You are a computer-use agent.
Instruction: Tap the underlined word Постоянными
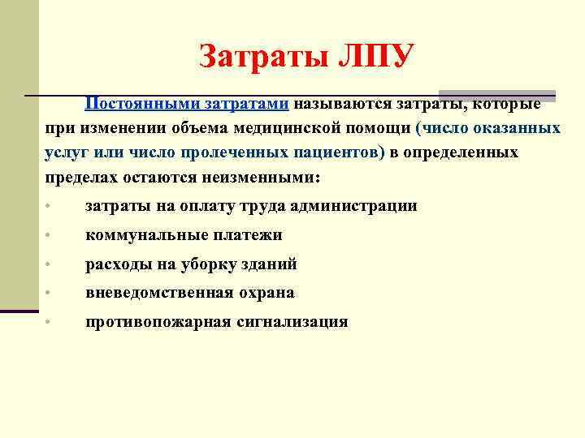(135, 105)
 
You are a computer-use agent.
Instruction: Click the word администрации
(352, 206)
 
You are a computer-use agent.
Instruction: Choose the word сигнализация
(292, 322)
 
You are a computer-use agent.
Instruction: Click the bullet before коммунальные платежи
(49, 236)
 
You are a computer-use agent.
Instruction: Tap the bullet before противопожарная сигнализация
(49, 323)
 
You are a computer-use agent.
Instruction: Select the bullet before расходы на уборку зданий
(49, 265)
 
